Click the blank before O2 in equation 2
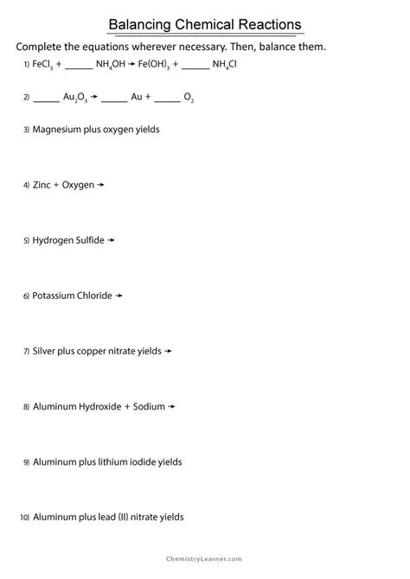click(169, 98)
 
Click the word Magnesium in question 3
click(57, 129)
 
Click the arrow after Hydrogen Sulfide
click(111, 239)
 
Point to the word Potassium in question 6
click(53, 296)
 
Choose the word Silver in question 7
click(45, 351)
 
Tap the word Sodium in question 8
click(150, 406)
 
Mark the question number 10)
click(24, 518)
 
